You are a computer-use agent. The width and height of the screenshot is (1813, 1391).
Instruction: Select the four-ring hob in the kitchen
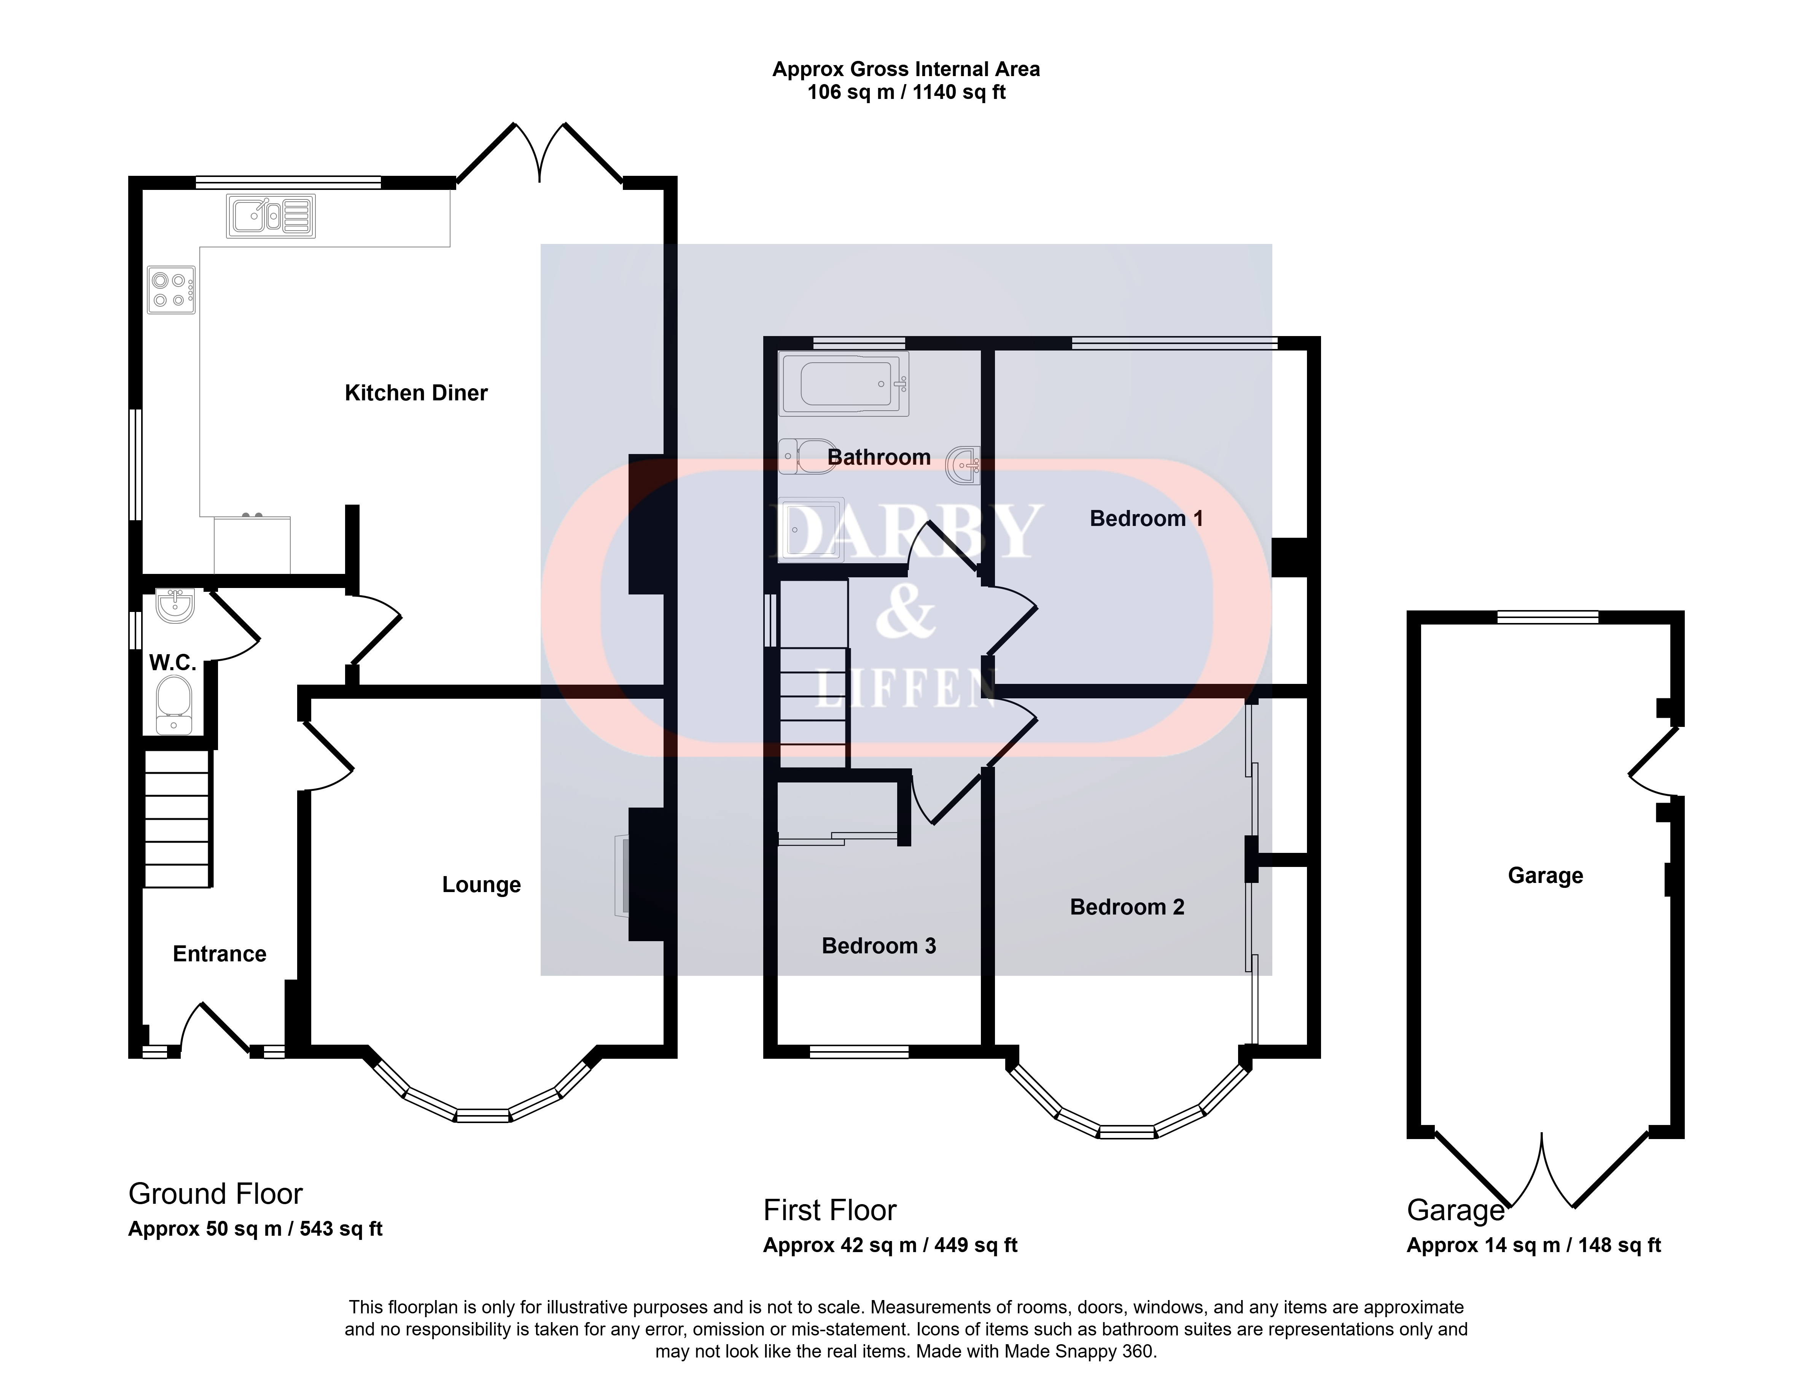(x=171, y=290)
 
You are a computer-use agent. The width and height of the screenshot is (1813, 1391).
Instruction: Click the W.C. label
(x=172, y=662)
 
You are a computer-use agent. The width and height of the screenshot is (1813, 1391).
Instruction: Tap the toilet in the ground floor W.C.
(x=174, y=704)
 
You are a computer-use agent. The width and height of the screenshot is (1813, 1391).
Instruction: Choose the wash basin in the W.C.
(x=175, y=605)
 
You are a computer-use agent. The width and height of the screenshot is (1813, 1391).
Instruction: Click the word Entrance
(x=220, y=954)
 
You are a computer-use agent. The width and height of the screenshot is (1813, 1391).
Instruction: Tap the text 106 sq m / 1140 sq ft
(x=906, y=92)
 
